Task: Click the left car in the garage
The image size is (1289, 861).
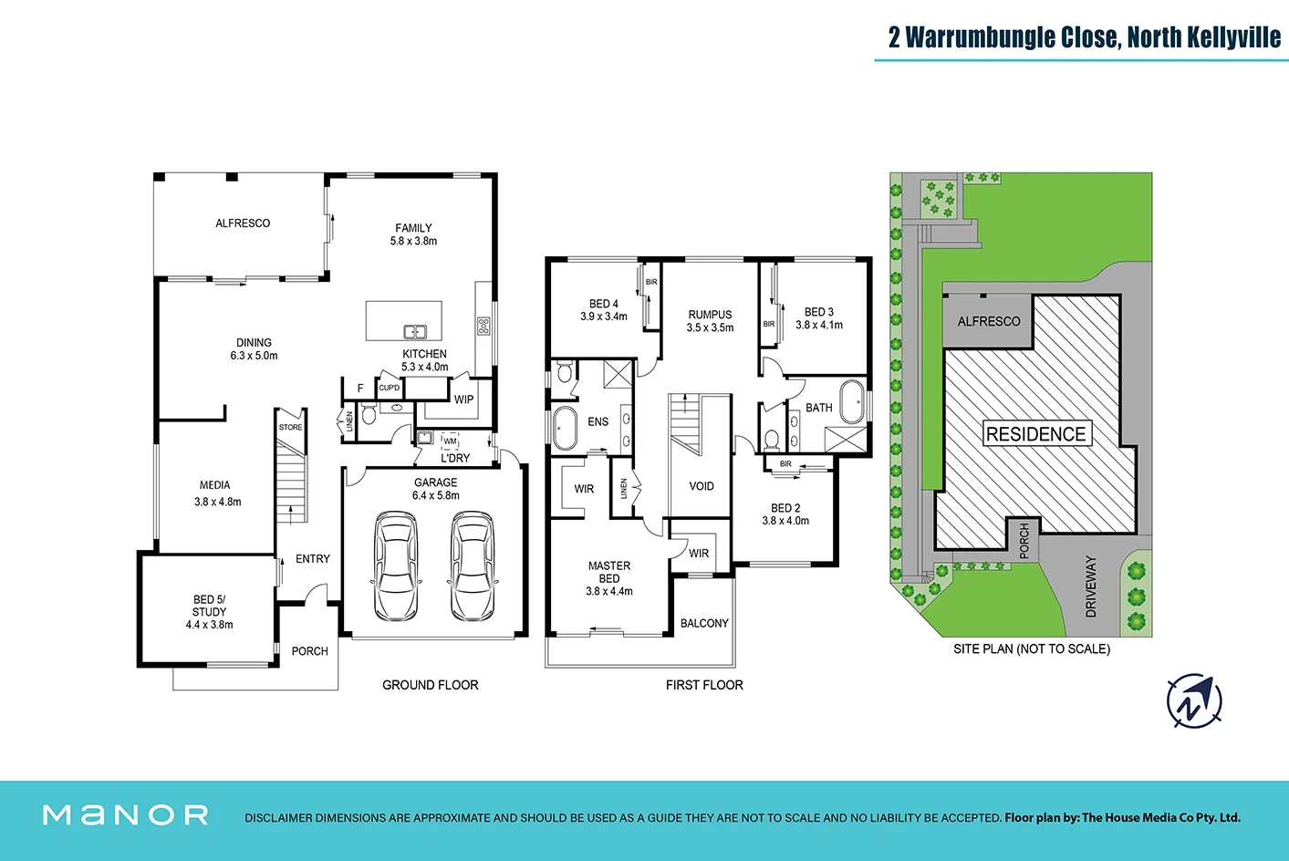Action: (x=396, y=566)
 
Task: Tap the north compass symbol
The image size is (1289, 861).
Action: (x=1195, y=701)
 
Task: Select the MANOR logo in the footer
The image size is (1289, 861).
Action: (x=126, y=815)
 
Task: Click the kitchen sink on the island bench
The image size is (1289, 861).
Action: (x=415, y=332)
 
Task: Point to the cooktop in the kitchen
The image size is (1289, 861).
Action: (x=483, y=326)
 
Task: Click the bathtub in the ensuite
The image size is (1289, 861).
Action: (x=565, y=428)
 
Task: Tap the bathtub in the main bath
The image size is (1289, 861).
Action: (x=853, y=401)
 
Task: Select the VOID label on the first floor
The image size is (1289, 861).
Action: (x=702, y=486)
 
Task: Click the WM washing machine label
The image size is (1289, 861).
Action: (x=450, y=441)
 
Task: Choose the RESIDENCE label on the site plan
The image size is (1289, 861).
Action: (x=1035, y=433)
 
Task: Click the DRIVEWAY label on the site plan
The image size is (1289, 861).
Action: (x=1091, y=586)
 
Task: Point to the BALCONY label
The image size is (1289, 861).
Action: (x=704, y=624)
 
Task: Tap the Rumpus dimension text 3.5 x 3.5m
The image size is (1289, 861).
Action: (x=710, y=327)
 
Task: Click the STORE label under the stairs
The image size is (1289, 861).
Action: (x=291, y=428)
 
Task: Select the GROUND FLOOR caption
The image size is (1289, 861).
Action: (x=431, y=685)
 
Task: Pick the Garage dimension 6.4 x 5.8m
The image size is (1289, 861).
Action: (x=436, y=495)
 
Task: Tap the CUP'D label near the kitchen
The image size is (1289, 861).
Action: (x=389, y=389)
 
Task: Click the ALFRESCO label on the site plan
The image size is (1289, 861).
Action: (x=989, y=322)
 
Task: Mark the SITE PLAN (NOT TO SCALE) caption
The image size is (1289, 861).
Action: (x=1032, y=649)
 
